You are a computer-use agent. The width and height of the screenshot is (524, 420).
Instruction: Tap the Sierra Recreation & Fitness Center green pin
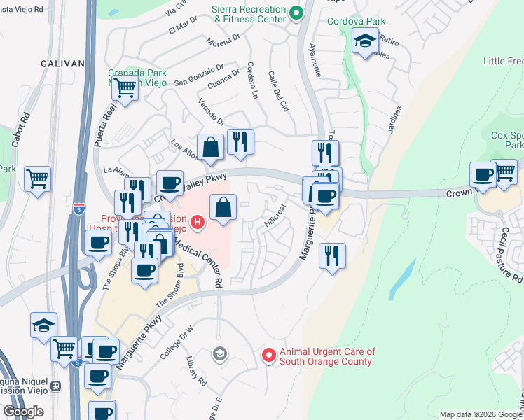click(296, 13)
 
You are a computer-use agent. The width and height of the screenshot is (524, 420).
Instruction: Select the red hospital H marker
click(198, 223)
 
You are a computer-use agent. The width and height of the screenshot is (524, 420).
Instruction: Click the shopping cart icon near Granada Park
click(125, 89)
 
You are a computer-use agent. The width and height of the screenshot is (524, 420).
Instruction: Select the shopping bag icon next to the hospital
click(223, 207)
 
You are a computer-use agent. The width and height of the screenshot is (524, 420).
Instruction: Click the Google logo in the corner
click(23, 412)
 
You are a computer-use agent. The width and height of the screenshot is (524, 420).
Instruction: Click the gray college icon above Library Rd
click(220, 354)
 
